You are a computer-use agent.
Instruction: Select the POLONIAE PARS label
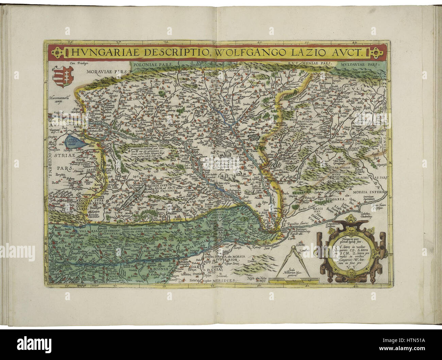pos(149,63)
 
